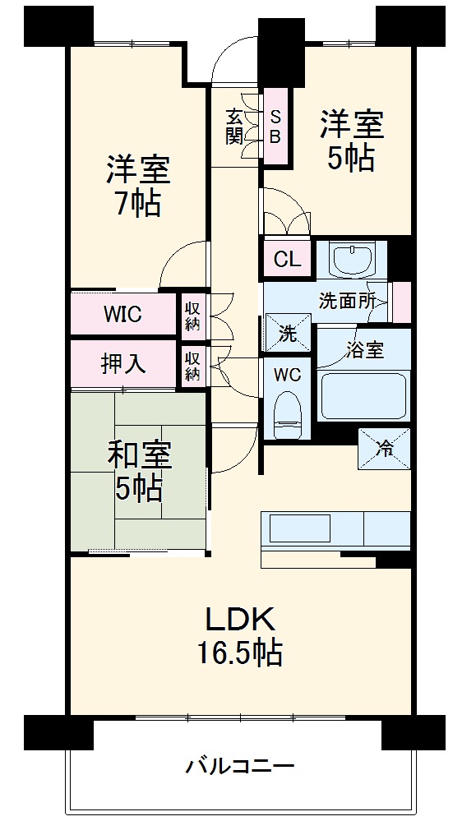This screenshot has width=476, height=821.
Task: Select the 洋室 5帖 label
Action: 352,141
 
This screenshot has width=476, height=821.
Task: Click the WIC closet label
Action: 122,314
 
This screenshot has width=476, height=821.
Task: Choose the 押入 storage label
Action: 123,364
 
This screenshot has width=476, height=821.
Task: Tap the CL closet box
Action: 287,260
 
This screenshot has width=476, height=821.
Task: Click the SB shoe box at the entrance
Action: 275,126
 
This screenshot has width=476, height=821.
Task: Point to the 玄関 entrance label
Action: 234,126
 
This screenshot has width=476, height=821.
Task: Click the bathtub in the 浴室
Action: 363,395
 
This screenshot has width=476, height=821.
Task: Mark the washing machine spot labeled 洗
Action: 288,333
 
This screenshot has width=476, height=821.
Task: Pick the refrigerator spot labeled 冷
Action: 384,449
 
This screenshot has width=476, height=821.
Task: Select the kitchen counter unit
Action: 335,530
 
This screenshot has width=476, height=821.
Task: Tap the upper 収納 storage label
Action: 192,314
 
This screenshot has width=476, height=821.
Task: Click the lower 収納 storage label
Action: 192,367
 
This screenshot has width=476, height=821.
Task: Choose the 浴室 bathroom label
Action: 365,348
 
